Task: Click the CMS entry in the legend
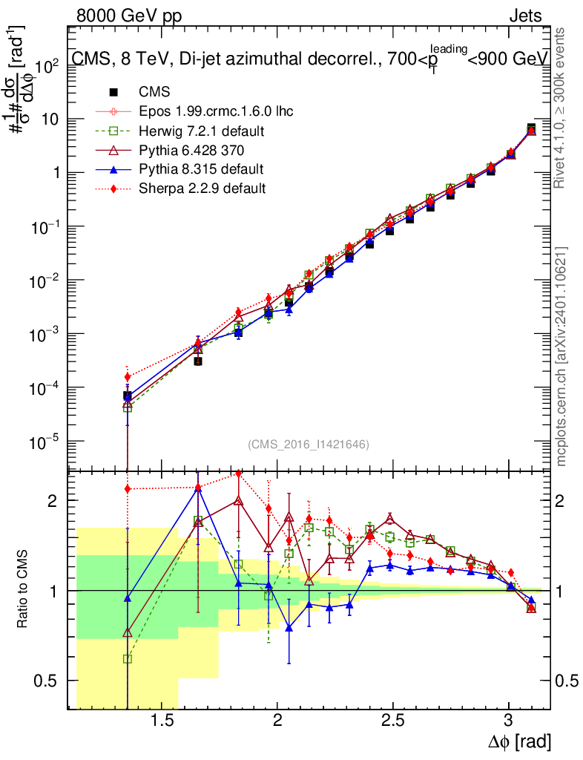coord(154,93)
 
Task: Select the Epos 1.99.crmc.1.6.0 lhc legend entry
coord(216,112)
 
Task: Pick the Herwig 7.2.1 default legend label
coord(202,131)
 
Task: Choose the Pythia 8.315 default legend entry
coord(201,169)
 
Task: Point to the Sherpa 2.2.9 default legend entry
coord(202,189)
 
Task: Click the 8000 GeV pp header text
coord(129,16)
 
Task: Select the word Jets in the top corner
coord(524,16)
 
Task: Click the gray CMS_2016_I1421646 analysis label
coord(309,444)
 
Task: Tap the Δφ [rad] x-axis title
coord(518,741)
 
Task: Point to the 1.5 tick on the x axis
coord(162,721)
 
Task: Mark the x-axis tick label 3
coord(509,721)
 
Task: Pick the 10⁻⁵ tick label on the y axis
coord(45,442)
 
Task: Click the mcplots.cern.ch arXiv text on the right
coord(563,356)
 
